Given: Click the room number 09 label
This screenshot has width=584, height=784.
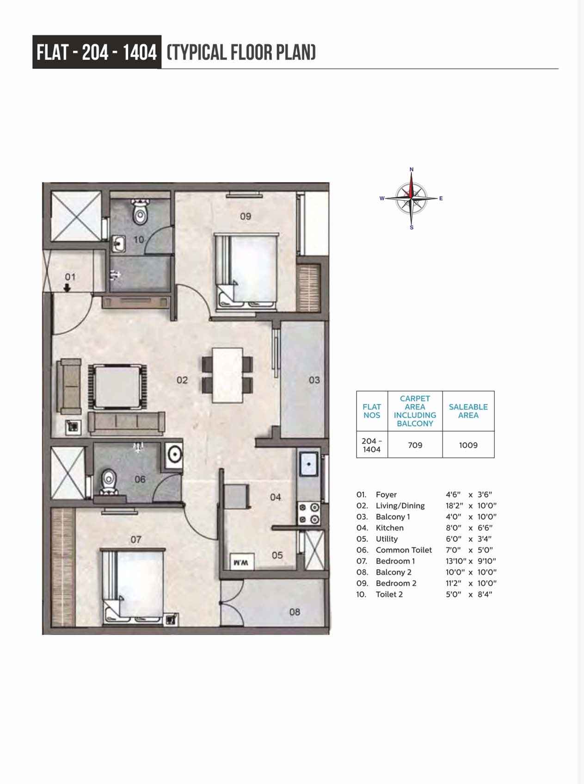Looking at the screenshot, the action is (246, 216).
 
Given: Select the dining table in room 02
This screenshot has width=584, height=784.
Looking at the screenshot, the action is (227, 375).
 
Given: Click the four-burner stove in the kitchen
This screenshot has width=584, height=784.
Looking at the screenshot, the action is (308, 513).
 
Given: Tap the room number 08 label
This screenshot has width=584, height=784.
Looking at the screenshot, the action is (295, 612).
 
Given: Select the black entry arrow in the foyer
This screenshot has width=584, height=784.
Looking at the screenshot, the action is (68, 287).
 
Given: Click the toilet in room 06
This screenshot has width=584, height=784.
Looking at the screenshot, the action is (109, 482).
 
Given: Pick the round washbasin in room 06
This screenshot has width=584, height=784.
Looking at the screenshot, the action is (174, 454).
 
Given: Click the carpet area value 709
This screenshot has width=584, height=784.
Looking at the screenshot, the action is (415, 445).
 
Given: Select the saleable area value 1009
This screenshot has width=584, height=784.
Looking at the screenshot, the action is (468, 445).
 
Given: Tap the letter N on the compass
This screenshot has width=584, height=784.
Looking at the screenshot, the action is (412, 169).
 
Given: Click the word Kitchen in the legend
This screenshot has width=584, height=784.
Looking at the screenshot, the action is (389, 528).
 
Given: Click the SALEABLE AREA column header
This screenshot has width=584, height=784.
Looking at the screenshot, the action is (468, 411).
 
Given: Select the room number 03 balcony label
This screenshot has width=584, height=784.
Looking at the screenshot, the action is (314, 380).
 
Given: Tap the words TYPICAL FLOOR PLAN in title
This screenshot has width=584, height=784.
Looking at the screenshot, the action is (241, 52).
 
